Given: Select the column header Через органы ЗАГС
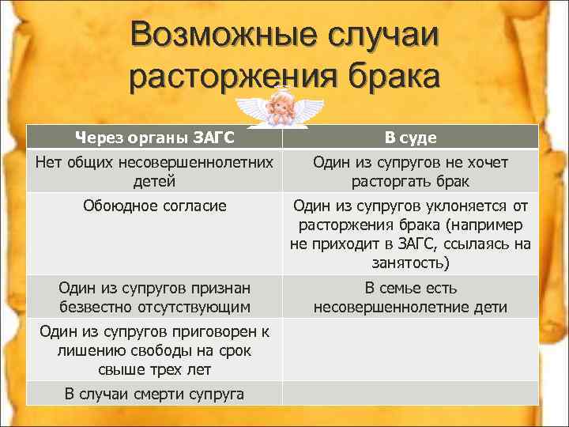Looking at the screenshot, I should [x=155, y=138].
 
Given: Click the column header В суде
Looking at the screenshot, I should [x=410, y=138].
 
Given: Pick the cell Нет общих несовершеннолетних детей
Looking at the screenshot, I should [x=155, y=171].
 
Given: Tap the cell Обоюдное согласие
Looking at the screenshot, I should [x=155, y=206].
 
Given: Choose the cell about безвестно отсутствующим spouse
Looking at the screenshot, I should [x=155, y=297].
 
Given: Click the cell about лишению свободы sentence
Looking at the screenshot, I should [x=155, y=350].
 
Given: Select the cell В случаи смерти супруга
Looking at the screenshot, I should [x=155, y=394].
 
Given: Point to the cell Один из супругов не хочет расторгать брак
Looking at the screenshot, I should [x=410, y=171].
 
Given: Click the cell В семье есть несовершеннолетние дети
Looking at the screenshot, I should [x=410, y=297].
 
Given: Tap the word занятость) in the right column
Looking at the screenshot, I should [x=410, y=262].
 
